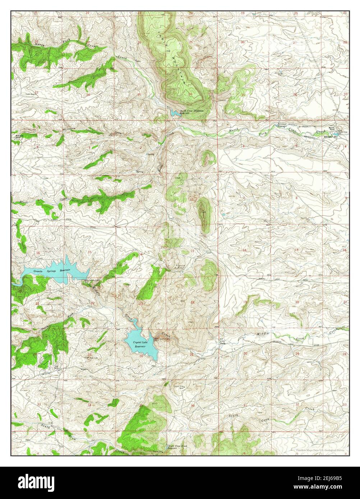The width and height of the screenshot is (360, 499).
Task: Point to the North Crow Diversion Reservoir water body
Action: [x=175, y=113]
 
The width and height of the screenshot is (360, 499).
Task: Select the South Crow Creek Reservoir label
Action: [x=177, y=448]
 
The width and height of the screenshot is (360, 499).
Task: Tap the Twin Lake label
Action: [x=93, y=358]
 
